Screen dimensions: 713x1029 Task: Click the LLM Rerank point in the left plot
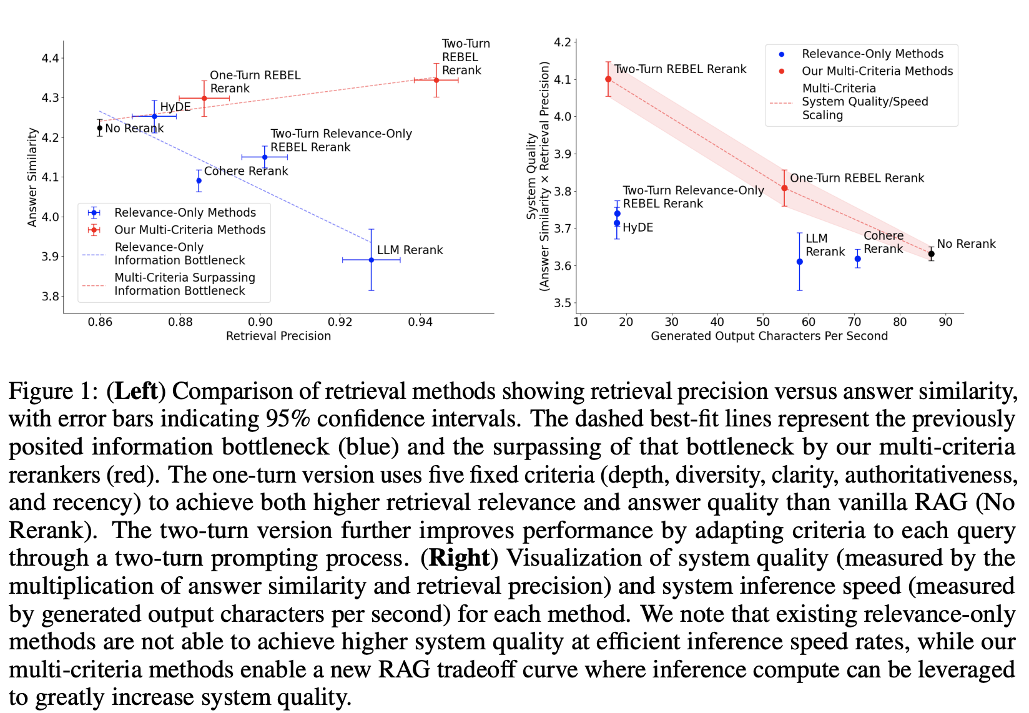[372, 260]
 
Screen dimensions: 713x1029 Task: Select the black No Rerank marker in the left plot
[100, 128]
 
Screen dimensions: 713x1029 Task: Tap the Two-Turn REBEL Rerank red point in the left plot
[436, 80]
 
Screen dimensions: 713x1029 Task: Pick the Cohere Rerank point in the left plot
[199, 181]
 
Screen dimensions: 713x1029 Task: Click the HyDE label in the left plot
[175, 107]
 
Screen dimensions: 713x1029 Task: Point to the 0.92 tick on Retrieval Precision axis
[340, 322]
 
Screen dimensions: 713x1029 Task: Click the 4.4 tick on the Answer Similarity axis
[50, 58]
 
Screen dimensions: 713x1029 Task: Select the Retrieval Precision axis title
[278, 336]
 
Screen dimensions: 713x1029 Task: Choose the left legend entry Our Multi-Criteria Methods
[189, 230]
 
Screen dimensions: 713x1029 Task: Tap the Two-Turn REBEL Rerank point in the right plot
[608, 79]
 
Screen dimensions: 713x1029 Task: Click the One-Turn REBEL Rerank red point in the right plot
[785, 188]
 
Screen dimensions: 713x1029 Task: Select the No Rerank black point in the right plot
[931, 254]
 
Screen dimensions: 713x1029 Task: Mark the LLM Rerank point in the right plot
[800, 262]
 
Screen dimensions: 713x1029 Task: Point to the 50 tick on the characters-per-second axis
[762, 322]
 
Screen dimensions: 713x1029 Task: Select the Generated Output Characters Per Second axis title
[769, 336]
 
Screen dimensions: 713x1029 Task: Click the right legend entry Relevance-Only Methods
[872, 54]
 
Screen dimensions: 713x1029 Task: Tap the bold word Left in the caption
[136, 391]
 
